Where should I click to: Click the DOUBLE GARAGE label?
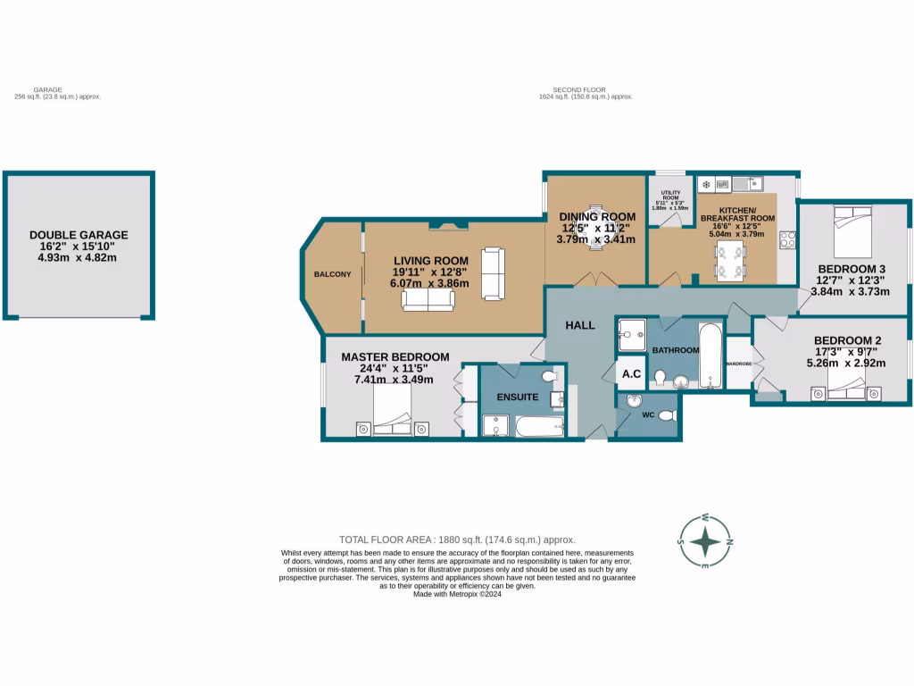pyautogui.click(x=79, y=235)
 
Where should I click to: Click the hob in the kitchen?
pyautogui.click(x=788, y=239)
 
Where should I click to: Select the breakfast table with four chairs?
pyautogui.click(x=727, y=259)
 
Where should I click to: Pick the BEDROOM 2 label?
pyautogui.click(x=847, y=340)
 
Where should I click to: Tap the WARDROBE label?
pyautogui.click(x=739, y=364)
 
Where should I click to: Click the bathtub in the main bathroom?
pyautogui.click(x=710, y=356)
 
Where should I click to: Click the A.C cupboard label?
pyautogui.click(x=632, y=373)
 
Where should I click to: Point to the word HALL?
pyautogui.click(x=580, y=326)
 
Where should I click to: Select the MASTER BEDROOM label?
pyautogui.click(x=395, y=357)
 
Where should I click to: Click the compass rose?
pyautogui.click(x=705, y=542)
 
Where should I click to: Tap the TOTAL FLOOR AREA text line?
pyautogui.click(x=457, y=540)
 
